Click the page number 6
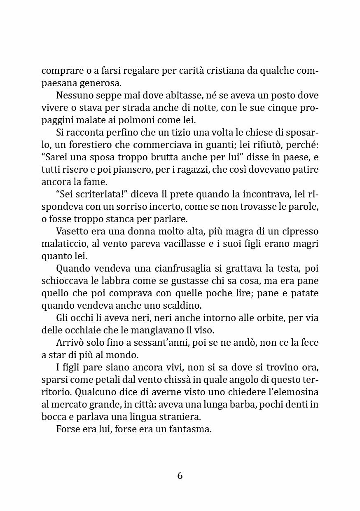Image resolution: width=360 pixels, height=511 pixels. (x=180, y=476)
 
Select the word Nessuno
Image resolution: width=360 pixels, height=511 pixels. (x=74, y=95)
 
